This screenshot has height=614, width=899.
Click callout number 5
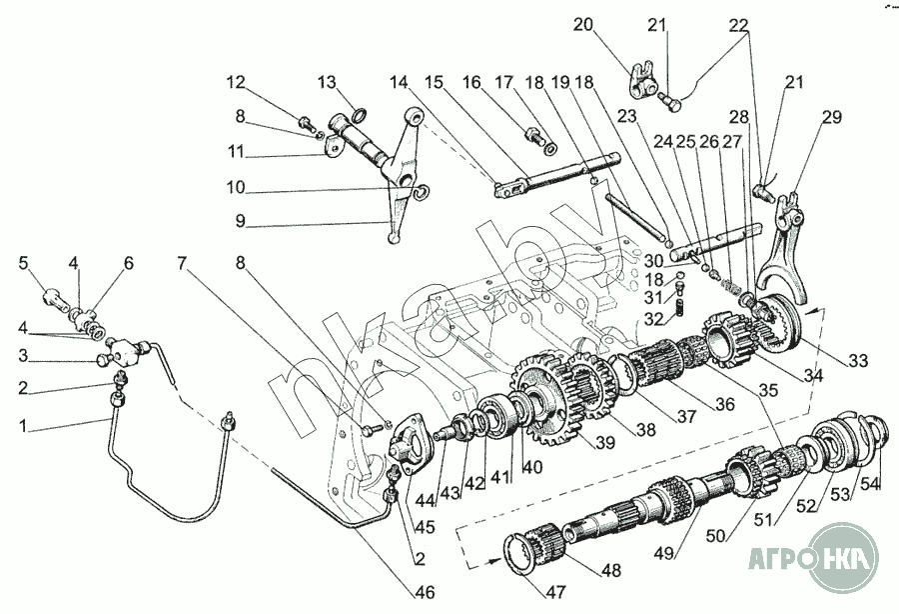pyautogui.click(x=23, y=264)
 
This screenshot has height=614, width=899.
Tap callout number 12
pyautogui.click(x=234, y=81)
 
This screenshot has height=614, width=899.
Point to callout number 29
pyautogui.click(x=832, y=118)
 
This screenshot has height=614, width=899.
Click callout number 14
pyautogui.click(x=400, y=81)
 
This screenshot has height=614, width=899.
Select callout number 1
pyautogui.click(x=23, y=427)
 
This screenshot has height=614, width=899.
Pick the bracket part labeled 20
pyautogui.click(x=644, y=75)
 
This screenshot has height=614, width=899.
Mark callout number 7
pyautogui.click(x=183, y=264)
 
